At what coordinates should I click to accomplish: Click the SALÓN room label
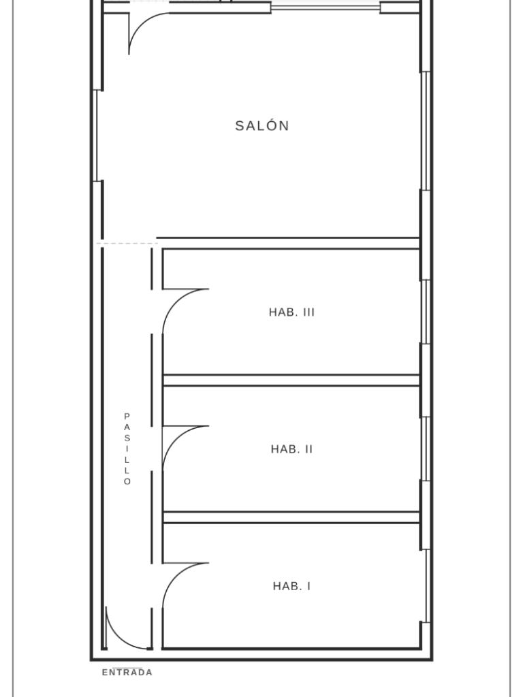[x=262, y=126]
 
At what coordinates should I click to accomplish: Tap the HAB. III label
[x=291, y=312]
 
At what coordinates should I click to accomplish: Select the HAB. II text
[x=291, y=449]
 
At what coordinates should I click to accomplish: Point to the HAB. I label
[x=291, y=586]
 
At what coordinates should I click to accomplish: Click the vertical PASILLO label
[x=127, y=449]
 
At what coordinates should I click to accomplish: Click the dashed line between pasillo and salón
[x=127, y=244]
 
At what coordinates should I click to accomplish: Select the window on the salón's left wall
[x=97, y=135]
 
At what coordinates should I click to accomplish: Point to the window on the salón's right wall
[x=426, y=131]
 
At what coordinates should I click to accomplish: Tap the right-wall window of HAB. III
[x=426, y=312]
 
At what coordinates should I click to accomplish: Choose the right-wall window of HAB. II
[x=426, y=449]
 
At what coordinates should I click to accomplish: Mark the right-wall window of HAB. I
[x=426, y=586]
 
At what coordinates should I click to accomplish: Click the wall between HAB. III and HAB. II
[x=291, y=380]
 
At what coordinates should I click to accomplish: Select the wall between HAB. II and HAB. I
[x=291, y=517]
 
